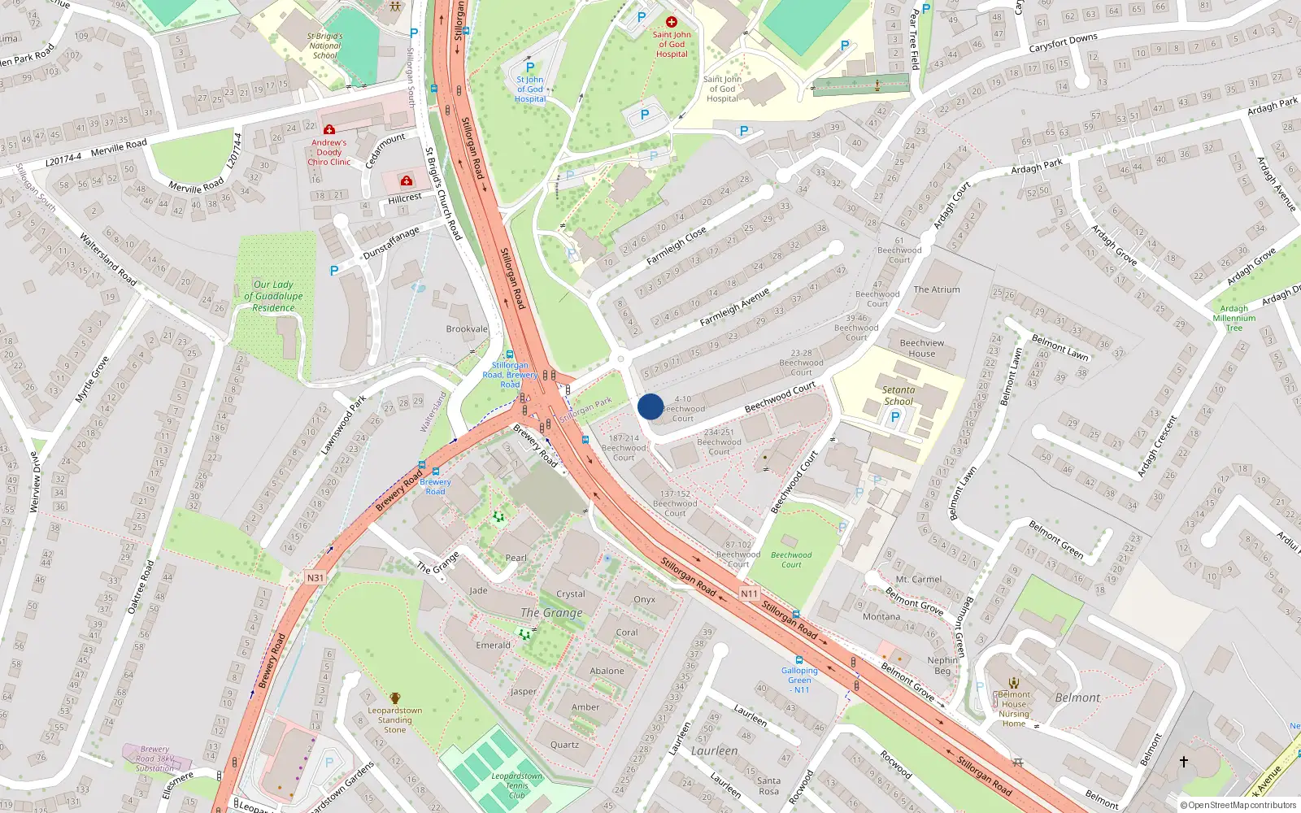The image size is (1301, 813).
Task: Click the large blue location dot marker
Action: tap(650, 406)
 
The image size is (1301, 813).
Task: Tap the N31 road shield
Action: tap(315, 578)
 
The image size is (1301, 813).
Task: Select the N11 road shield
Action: tap(749, 593)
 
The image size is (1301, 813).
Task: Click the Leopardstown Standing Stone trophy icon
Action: tap(395, 698)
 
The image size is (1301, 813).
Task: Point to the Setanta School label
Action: tap(899, 395)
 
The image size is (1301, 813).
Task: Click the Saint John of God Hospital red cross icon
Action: tap(672, 22)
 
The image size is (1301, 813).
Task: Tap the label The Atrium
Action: tap(936, 289)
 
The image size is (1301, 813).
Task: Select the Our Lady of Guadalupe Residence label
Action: tap(273, 296)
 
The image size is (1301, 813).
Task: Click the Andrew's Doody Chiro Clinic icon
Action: tap(329, 129)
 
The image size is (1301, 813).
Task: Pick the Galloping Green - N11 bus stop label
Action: tap(800, 680)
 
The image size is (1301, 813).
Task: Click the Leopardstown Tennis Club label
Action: tap(516, 785)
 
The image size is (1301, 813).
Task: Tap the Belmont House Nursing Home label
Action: tap(1014, 709)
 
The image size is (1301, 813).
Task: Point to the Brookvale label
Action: tap(467, 329)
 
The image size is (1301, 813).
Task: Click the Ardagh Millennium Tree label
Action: tap(1234, 318)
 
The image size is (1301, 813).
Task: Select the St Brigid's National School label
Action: tap(325, 46)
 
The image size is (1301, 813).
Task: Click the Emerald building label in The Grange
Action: tap(493, 645)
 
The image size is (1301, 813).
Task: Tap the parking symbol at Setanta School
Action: tap(895, 417)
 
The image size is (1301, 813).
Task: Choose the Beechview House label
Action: tap(921, 348)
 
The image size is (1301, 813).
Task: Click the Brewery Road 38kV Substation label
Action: tap(154, 759)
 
